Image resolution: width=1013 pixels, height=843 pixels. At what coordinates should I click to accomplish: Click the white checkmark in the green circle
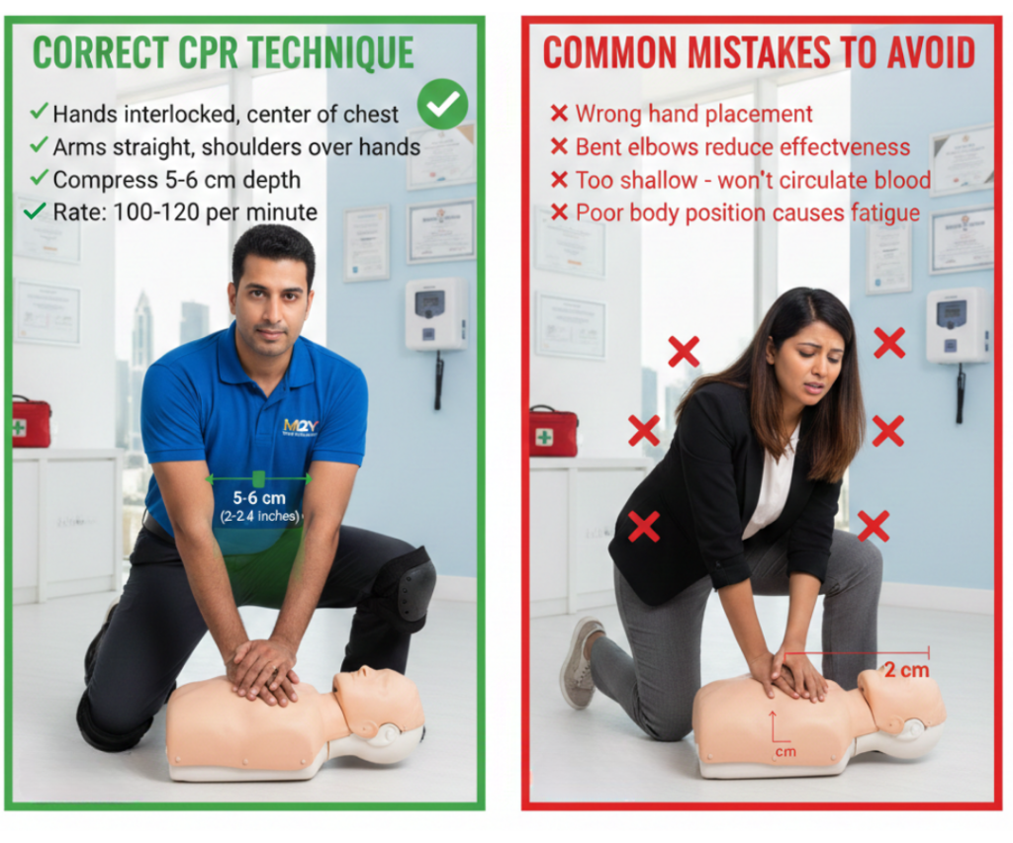point(442,104)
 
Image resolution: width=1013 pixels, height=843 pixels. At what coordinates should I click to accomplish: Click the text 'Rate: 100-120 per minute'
point(185,211)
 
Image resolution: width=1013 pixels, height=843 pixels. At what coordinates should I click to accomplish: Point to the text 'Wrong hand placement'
point(693,115)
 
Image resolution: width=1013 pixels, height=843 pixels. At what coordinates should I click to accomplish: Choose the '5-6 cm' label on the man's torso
point(259,498)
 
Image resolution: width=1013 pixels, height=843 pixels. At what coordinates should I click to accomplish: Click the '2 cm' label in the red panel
point(906,669)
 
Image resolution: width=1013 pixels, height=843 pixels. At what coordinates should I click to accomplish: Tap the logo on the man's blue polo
point(300,427)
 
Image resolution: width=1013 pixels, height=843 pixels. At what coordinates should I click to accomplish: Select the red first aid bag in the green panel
point(32,422)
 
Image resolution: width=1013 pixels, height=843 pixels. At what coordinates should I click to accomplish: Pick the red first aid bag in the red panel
point(553,432)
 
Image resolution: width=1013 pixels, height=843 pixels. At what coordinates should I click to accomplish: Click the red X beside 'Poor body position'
point(559,212)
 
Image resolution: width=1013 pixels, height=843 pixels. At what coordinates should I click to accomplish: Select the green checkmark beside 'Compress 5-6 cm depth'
point(39,178)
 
